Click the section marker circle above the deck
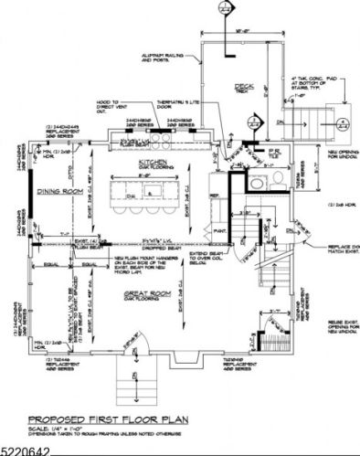tap(219, 6)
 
